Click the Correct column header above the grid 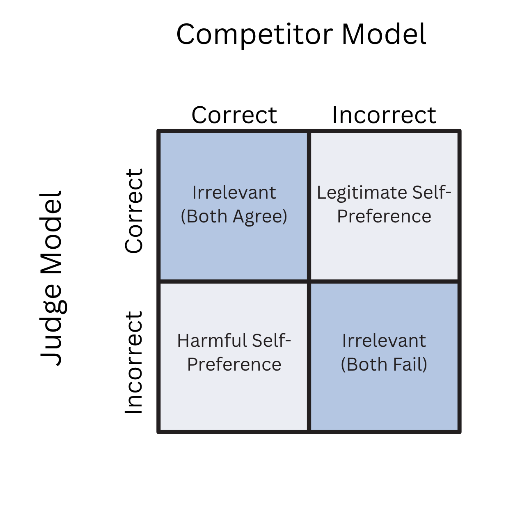[x=234, y=115]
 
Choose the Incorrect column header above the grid [x=384, y=115]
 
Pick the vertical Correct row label [x=134, y=211]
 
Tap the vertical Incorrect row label [x=134, y=362]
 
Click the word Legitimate [x=362, y=193]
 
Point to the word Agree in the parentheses [x=260, y=217]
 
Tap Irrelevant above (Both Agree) [x=234, y=193]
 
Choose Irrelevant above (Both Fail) [x=384, y=341]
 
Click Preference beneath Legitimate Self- [x=384, y=217]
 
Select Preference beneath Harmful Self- [x=234, y=364]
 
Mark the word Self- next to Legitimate [x=431, y=193]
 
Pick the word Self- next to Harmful [x=271, y=341]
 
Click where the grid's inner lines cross [x=309, y=282]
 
